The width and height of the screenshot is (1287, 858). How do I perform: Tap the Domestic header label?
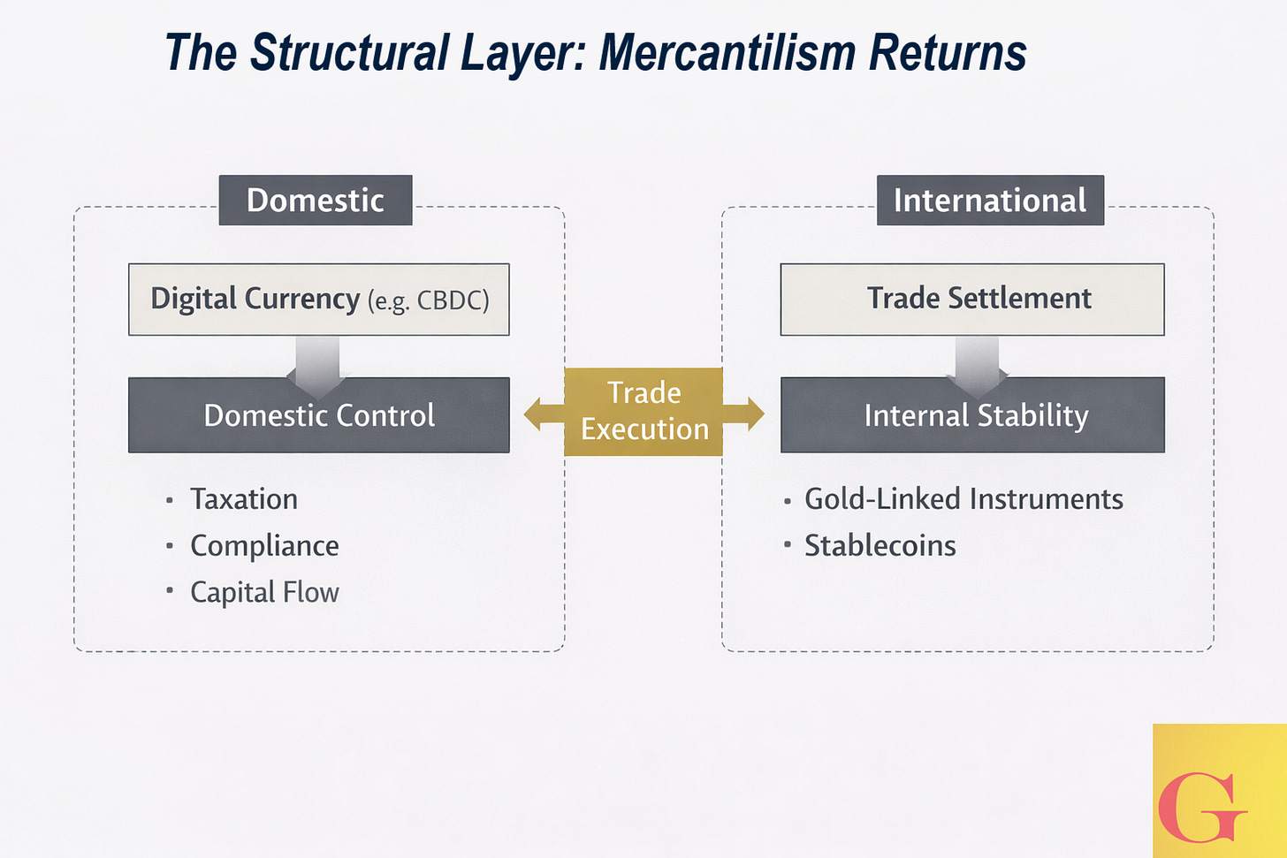pyautogui.click(x=316, y=201)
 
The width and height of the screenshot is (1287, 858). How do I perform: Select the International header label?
pyautogui.click(x=990, y=201)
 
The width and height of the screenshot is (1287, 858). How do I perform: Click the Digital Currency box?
pyautogui.click(x=318, y=300)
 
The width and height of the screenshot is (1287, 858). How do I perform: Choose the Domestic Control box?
pyautogui.click(x=318, y=415)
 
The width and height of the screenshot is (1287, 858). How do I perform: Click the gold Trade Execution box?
pyautogui.click(x=643, y=412)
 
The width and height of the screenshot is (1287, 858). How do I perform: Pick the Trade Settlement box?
pyautogui.click(x=971, y=300)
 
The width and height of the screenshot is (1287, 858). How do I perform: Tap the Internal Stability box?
pyautogui.click(x=972, y=415)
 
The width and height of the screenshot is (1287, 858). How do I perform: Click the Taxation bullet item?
pyautogui.click(x=244, y=499)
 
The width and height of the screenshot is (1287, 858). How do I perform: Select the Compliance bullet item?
pyautogui.click(x=264, y=546)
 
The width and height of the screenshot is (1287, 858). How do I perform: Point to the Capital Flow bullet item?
pyautogui.click(x=264, y=592)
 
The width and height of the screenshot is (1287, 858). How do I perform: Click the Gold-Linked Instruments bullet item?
pyautogui.click(x=963, y=499)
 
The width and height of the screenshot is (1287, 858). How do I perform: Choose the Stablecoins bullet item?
pyautogui.click(x=880, y=546)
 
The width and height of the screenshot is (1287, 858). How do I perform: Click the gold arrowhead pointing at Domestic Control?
pyautogui.click(x=534, y=414)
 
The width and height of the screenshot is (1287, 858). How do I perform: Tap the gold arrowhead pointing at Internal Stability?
pyautogui.click(x=754, y=414)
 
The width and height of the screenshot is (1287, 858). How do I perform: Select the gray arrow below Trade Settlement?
pyautogui.click(x=977, y=362)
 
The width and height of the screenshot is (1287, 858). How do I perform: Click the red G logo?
pyautogui.click(x=1201, y=808)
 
